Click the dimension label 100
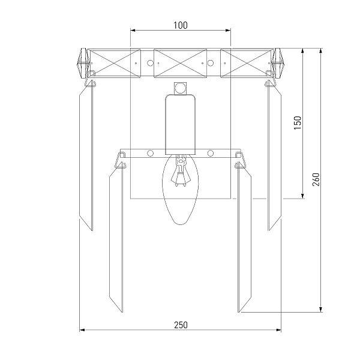(x=180, y=25)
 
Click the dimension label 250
(x=181, y=325)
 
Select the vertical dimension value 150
(x=298, y=123)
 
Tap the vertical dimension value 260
(x=316, y=179)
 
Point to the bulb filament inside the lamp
(x=181, y=172)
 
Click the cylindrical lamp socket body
(x=181, y=124)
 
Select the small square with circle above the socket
(x=180, y=88)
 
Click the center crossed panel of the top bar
(x=180, y=63)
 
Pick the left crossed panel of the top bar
(x=115, y=63)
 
